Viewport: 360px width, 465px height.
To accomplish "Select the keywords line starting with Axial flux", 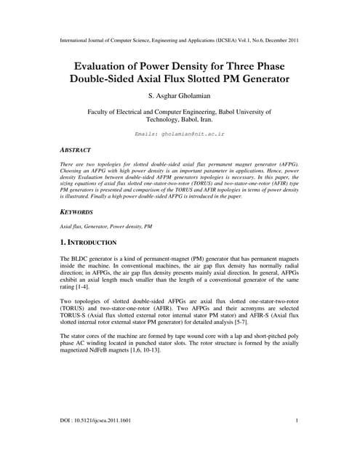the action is click(x=103, y=227).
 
